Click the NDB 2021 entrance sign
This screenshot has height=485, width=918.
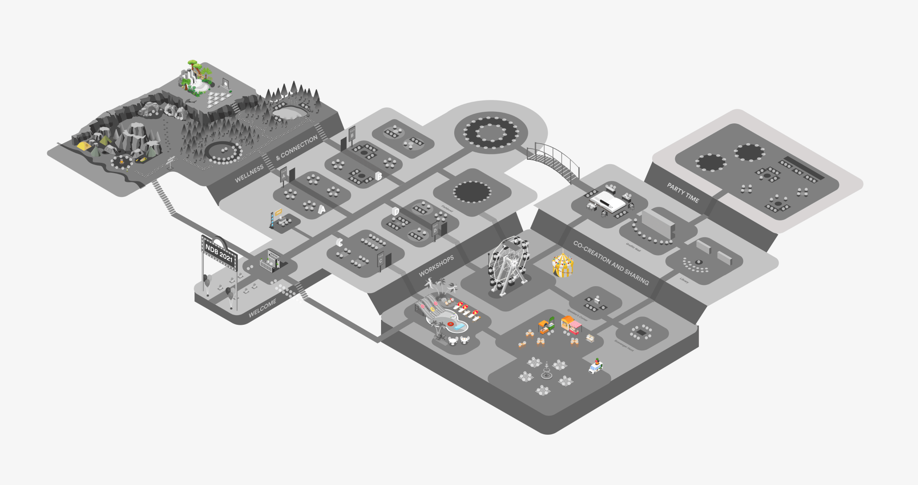pos(220,253)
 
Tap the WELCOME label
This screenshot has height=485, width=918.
pos(262,308)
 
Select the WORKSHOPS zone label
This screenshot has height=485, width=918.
pos(436,266)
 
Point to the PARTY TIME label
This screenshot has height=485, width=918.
pos(683,193)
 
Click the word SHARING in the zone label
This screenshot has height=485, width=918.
pos(637,277)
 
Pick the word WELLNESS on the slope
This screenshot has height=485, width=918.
pos(249,174)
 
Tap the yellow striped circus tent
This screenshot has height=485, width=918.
pos(562,265)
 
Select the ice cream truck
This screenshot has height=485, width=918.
pos(596,367)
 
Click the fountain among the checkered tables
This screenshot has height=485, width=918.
pos(546,372)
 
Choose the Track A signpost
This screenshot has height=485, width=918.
pos(284,175)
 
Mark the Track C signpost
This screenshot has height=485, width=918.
pos(381,260)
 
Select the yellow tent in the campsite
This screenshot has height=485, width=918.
pos(84,146)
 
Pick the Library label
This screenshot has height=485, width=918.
pos(684,281)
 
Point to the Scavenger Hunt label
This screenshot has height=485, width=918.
pos(624,345)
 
